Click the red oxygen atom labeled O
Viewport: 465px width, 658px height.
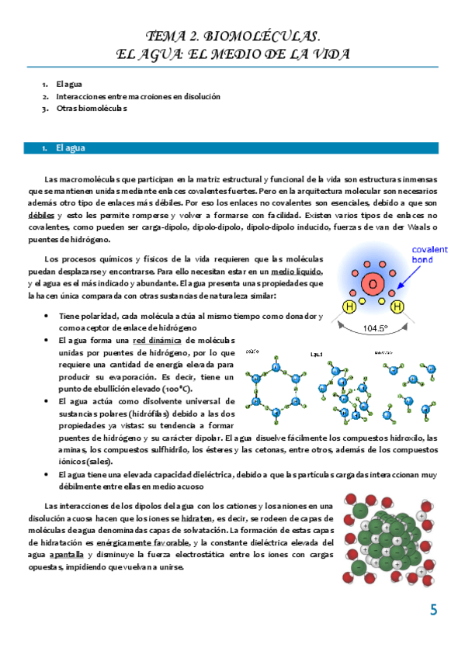click(x=372, y=284)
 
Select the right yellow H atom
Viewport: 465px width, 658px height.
click(x=397, y=308)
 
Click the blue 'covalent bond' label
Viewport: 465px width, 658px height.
click(x=428, y=255)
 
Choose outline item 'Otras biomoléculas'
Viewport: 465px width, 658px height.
click(x=91, y=109)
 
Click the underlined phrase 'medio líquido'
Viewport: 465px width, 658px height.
click(x=297, y=272)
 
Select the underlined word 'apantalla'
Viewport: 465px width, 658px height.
click(x=67, y=555)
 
